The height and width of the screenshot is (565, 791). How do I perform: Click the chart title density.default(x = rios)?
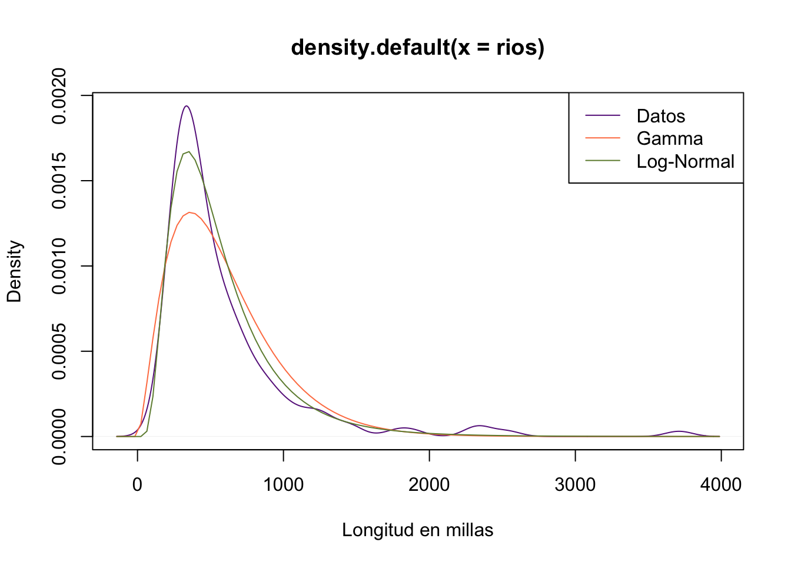[x=417, y=47]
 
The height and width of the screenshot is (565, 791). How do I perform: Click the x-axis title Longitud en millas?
[x=417, y=530]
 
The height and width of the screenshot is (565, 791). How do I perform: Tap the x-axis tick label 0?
[x=137, y=484]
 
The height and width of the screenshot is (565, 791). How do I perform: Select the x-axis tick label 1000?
[x=283, y=484]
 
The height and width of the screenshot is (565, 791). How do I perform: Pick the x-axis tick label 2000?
[x=429, y=484]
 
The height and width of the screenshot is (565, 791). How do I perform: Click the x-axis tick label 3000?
[x=575, y=484]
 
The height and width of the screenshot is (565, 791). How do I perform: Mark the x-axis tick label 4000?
[x=721, y=484]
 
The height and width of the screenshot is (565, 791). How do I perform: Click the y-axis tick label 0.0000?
[x=59, y=437]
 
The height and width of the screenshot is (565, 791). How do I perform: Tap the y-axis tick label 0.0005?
[x=59, y=351]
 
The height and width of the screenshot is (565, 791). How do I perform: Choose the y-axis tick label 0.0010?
[x=59, y=266]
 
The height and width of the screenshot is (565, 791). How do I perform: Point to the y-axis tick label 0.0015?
[x=59, y=181]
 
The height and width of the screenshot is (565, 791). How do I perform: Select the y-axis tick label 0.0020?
[x=59, y=95]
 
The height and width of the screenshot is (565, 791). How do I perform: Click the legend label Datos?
[x=660, y=116]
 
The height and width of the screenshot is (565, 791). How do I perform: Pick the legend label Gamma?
[x=669, y=138]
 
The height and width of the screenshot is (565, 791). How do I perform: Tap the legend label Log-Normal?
[x=685, y=161]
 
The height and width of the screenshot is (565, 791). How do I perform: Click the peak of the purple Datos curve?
[x=187, y=106]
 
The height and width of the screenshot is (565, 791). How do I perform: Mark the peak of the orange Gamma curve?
[x=190, y=212]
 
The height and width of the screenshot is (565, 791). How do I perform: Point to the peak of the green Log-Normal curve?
[x=188, y=152]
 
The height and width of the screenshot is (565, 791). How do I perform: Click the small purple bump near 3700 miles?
[x=679, y=431]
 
